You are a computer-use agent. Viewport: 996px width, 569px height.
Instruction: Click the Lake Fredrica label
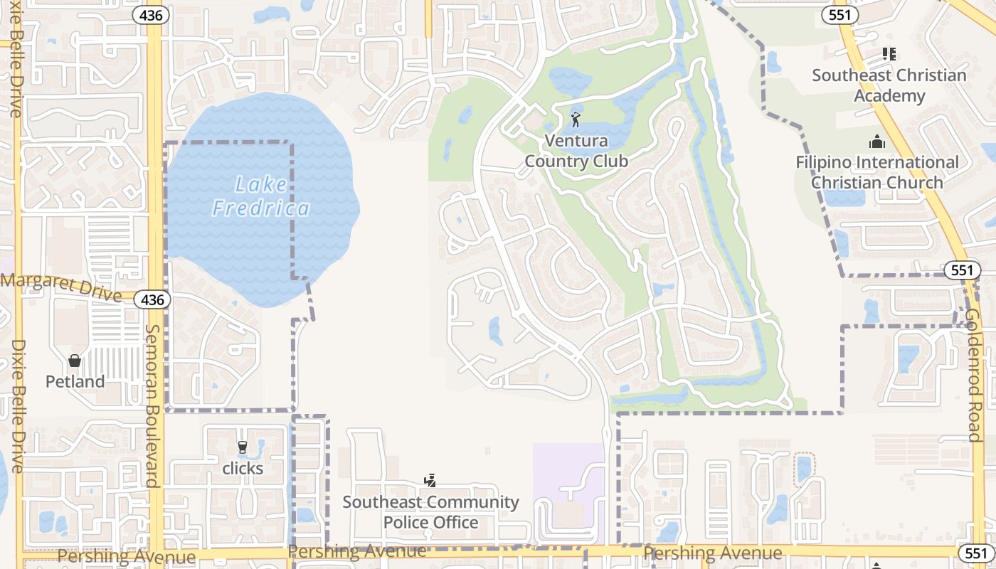click(x=261, y=197)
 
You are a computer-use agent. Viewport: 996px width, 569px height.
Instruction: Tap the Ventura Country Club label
click(x=576, y=151)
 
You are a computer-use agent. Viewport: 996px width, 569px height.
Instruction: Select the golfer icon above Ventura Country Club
click(x=576, y=119)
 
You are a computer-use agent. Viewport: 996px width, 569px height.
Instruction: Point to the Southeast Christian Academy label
click(x=889, y=85)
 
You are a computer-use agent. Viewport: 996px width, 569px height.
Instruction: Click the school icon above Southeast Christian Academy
click(x=889, y=53)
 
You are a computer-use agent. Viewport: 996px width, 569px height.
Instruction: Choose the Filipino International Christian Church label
click(x=877, y=172)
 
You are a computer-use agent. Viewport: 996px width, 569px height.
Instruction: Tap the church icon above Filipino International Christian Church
click(x=877, y=141)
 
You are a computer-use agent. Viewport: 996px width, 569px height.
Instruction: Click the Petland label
click(x=75, y=382)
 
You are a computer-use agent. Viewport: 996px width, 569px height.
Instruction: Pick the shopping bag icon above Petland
click(x=75, y=361)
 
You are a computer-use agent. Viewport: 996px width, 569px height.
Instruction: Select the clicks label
click(x=243, y=469)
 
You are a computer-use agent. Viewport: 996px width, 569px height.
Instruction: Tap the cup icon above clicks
click(x=243, y=447)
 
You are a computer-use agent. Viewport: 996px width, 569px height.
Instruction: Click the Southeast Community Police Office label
click(x=430, y=512)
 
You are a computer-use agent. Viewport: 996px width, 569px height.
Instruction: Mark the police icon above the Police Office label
click(x=430, y=482)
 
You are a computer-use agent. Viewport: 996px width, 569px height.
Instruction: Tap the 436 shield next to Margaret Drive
click(x=152, y=299)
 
